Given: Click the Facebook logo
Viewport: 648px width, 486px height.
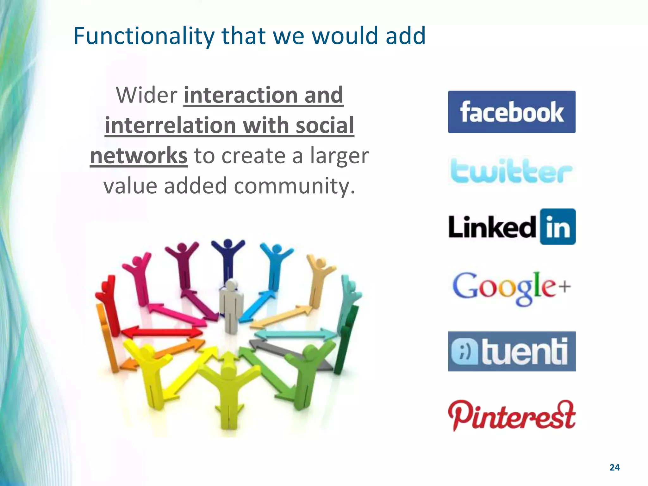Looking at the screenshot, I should coord(512,112).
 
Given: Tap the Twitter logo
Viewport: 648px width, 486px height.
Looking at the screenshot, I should coord(512,172).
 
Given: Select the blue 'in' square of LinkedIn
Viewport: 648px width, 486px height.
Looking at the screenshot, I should coord(558,227).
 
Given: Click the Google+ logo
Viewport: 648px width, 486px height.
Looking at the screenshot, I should coord(512,288).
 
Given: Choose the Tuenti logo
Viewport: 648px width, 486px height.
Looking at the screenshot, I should coord(512,351).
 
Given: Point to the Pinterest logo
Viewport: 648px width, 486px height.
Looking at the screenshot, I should coord(512,415).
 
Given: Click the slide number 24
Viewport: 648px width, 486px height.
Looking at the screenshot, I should coord(614,468).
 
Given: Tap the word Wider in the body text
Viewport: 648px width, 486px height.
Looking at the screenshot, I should coord(146,95).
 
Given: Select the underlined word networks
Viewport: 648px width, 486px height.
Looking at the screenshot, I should coord(139,156).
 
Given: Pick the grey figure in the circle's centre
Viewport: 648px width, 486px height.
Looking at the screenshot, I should coord(231,305).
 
